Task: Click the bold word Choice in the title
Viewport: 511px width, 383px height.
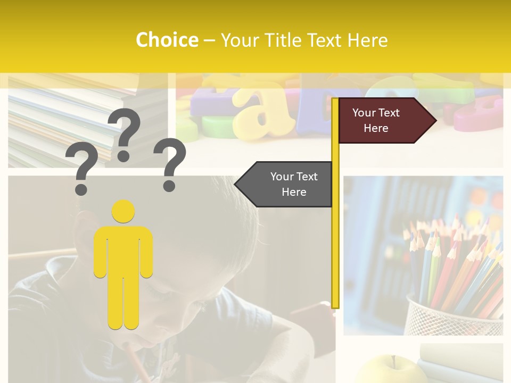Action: tap(167, 40)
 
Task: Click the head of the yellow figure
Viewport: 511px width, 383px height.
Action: tap(123, 211)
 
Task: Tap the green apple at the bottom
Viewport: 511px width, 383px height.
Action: tap(391, 371)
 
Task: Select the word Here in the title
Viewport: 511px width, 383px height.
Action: tap(367, 40)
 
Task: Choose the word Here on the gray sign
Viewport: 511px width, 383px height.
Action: tap(294, 192)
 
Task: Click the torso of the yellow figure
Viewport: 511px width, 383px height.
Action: tap(123, 250)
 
